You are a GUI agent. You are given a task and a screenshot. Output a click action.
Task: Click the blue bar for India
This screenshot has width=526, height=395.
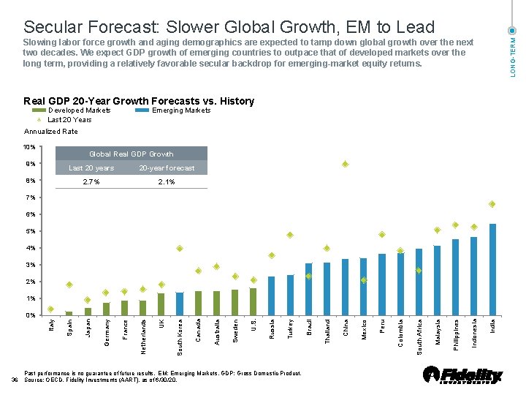click(x=492, y=269)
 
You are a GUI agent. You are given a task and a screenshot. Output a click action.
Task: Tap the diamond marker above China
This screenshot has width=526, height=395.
click(x=346, y=164)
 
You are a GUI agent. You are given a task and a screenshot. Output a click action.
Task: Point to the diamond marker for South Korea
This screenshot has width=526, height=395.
click(x=180, y=249)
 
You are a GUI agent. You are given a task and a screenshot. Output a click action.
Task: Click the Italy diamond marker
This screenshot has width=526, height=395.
click(x=50, y=309)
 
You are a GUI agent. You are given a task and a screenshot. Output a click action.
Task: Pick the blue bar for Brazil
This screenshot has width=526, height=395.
click(x=308, y=289)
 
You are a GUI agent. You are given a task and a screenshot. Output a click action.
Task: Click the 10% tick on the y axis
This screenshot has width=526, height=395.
click(x=30, y=148)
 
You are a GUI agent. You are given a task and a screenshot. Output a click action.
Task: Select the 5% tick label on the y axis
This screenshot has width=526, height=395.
click(x=30, y=232)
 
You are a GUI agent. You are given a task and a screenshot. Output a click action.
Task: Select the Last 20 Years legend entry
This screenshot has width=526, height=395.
click(x=69, y=120)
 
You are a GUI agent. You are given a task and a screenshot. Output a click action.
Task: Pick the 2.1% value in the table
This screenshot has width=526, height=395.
click(x=167, y=182)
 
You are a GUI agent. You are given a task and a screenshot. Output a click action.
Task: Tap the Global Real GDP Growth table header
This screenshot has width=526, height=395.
click(x=131, y=154)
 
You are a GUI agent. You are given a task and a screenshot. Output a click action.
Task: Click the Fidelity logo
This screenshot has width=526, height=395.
click(x=464, y=375)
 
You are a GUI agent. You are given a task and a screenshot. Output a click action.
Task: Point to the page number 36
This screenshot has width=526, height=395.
click(x=15, y=380)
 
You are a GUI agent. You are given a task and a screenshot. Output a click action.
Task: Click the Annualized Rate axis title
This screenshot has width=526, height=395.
click(x=51, y=132)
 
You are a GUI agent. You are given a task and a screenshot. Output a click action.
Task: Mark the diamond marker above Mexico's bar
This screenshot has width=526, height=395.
click(x=364, y=280)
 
